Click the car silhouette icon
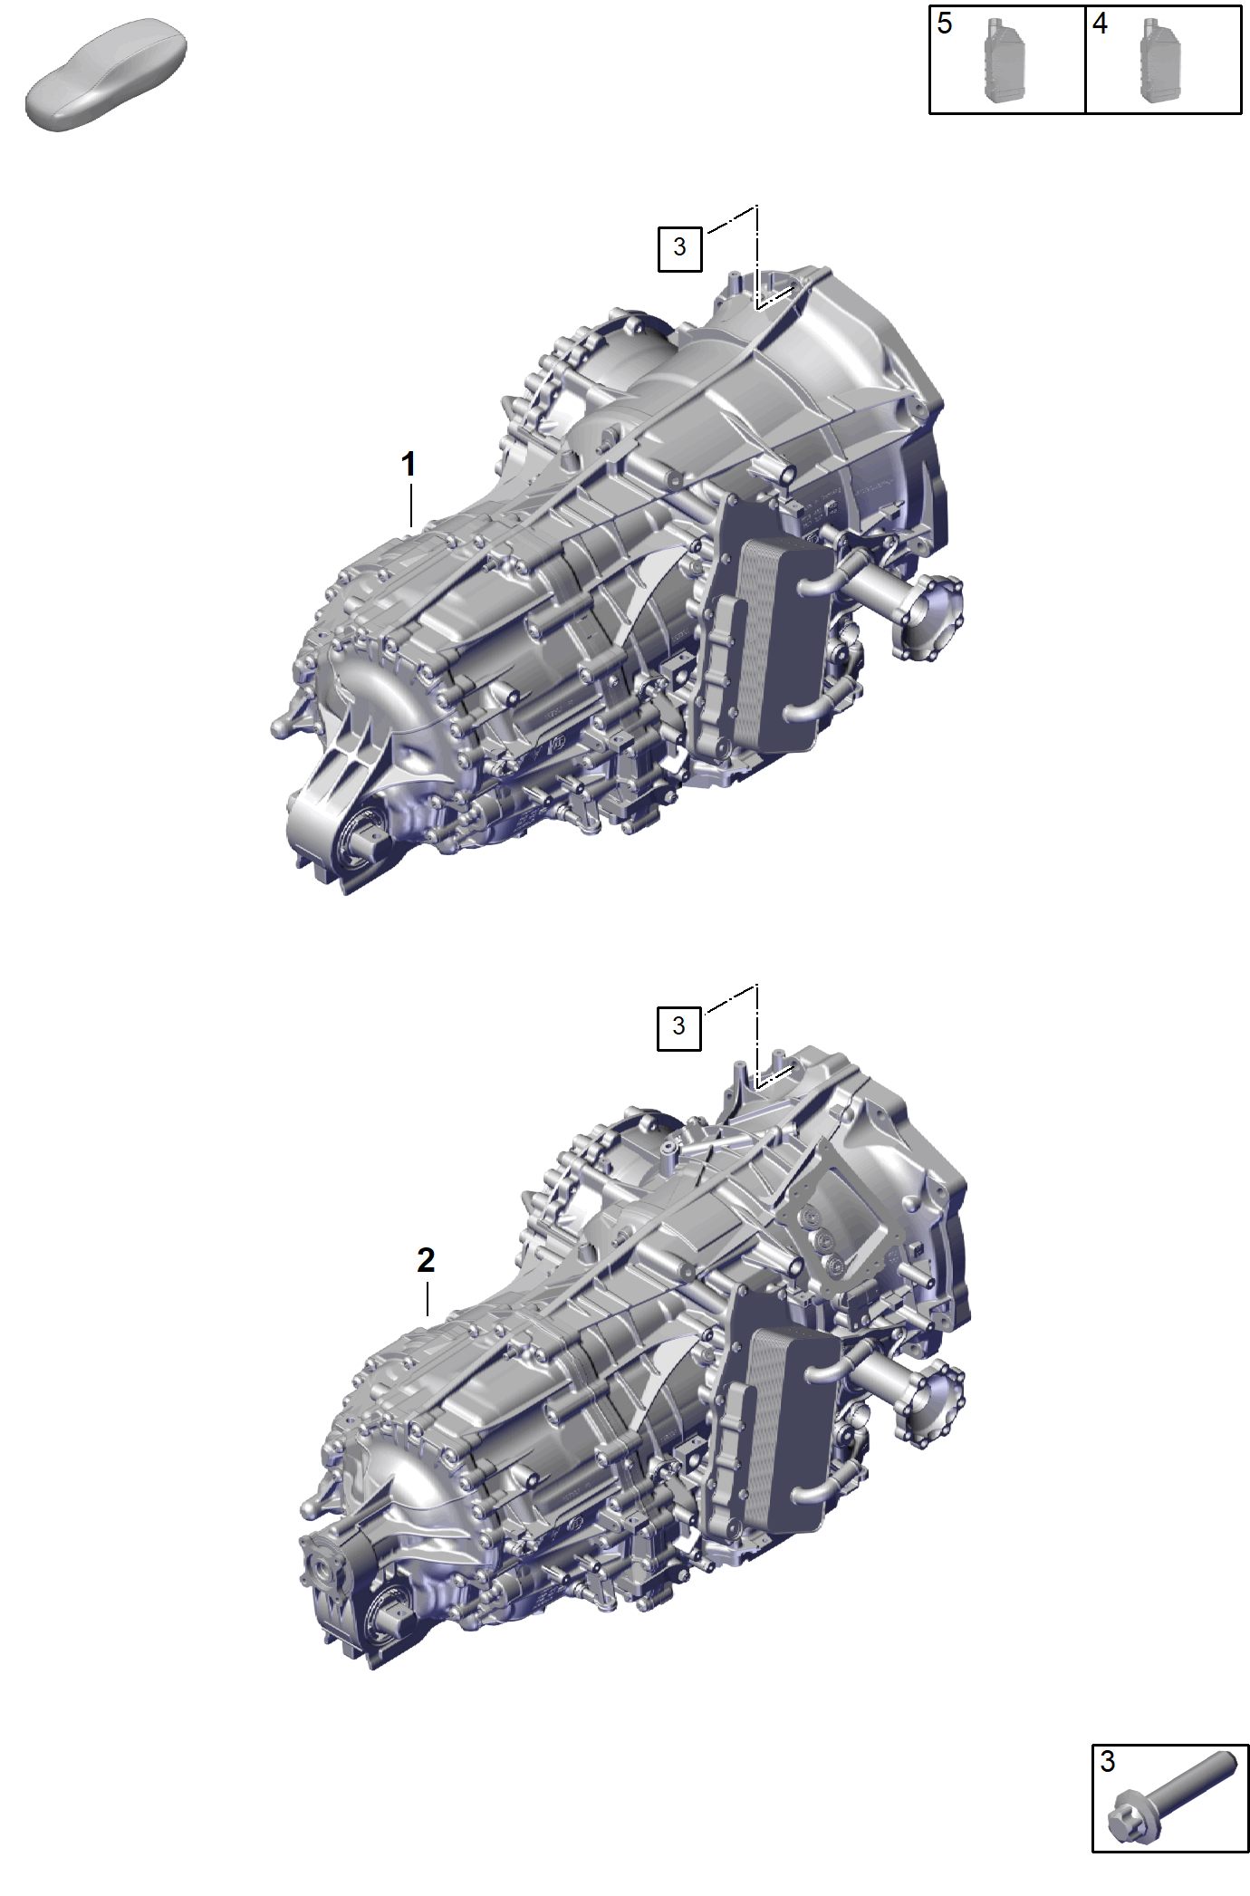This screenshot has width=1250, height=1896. click(x=106, y=74)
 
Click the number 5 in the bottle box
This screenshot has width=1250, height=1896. click(x=945, y=24)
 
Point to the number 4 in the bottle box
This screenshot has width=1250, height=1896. click(x=1100, y=24)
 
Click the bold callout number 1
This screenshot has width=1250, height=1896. click(x=409, y=465)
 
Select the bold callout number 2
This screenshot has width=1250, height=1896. click(x=426, y=1260)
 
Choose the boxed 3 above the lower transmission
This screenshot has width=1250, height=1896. click(x=678, y=1027)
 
